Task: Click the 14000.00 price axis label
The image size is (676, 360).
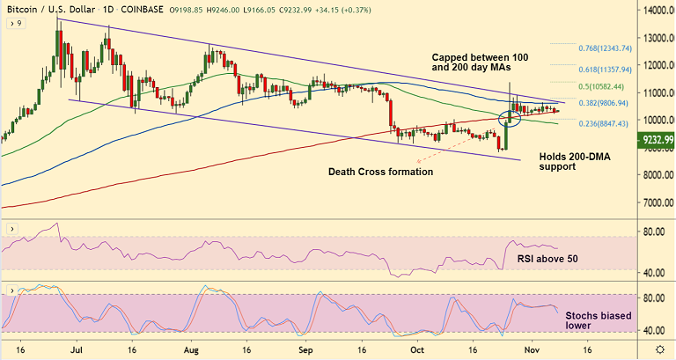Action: coord(653,11)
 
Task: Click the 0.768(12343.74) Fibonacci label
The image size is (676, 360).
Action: coord(614,48)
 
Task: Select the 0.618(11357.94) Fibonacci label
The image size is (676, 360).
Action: coord(614,68)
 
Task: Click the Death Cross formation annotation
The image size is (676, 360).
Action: coord(380,172)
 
